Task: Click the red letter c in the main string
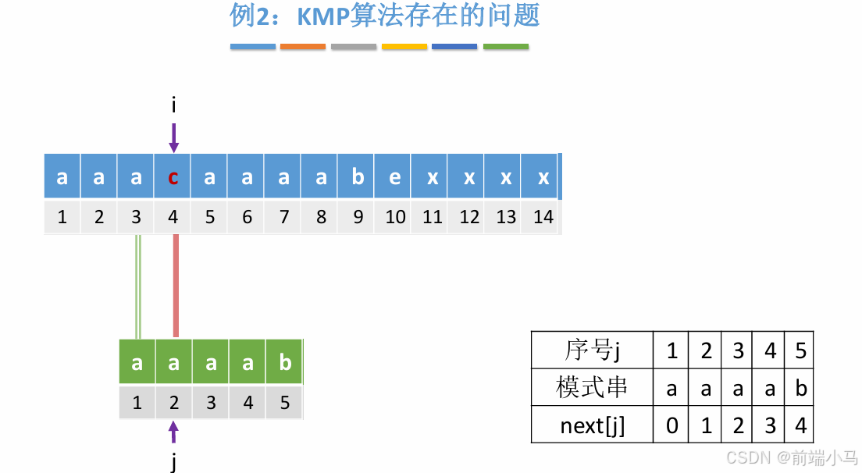coord(173,177)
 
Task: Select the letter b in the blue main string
coord(358,177)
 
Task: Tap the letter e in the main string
coord(395,177)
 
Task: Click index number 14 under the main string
coord(543,217)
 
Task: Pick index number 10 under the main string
coord(395,217)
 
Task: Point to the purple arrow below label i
coord(173,137)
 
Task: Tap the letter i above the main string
coord(173,104)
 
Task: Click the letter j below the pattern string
coord(173,462)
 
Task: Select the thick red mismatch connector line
coord(176,286)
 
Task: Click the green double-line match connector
coord(138,286)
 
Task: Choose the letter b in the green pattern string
coord(284,363)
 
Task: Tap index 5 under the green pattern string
coord(284,403)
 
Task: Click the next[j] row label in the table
coord(592,425)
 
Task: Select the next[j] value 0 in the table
coord(671,425)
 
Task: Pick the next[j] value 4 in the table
coord(800,425)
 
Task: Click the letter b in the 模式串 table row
coord(800,388)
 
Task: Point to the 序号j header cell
coord(592,350)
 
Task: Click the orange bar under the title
coord(303,47)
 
